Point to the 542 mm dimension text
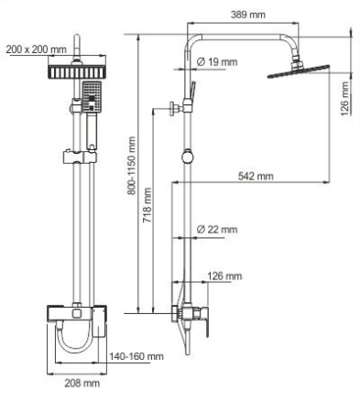(x=255, y=175)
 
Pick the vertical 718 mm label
(x=149, y=211)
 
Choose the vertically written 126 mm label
(x=344, y=97)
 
